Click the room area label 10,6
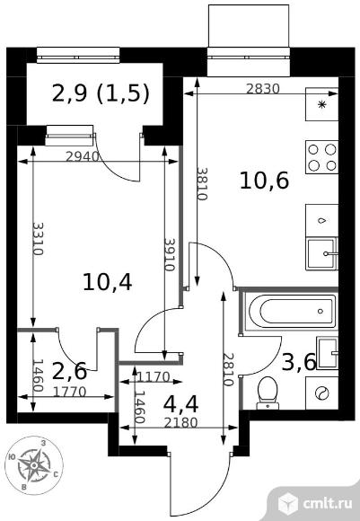click(264, 181)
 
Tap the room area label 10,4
click(107, 282)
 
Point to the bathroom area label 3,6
click(299, 362)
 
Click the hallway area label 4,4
click(181, 404)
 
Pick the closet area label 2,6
click(70, 371)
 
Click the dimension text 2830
click(263, 89)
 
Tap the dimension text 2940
click(83, 156)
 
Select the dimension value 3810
click(202, 184)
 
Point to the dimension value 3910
click(170, 255)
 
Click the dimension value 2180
click(181, 423)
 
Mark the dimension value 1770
click(70, 393)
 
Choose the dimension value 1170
click(154, 377)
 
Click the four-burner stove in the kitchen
click(321, 157)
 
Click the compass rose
click(34, 465)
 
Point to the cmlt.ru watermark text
click(327, 503)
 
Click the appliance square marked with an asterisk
click(321, 104)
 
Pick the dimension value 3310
click(39, 239)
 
